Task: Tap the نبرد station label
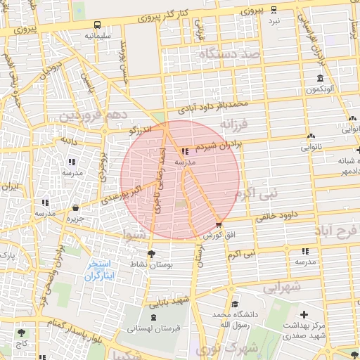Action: pyautogui.click(x=274, y=21)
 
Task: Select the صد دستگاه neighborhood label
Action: pyautogui.click(x=229, y=53)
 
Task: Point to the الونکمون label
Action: pyautogui.click(x=319, y=89)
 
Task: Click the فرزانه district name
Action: pyautogui.click(x=235, y=124)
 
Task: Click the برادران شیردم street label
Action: pyautogui.click(x=219, y=146)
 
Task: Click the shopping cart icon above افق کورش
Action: pyautogui.click(x=219, y=225)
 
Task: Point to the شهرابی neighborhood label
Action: pyautogui.click(x=283, y=288)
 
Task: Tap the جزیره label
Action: pyautogui.click(x=75, y=218)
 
